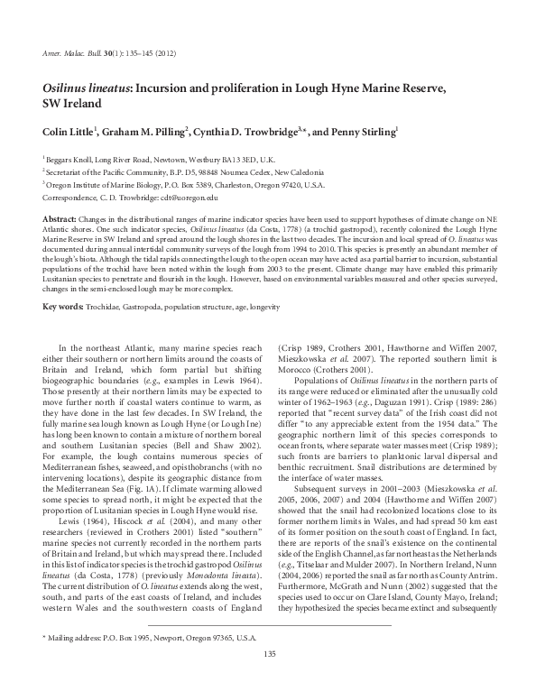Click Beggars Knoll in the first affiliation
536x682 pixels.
71,157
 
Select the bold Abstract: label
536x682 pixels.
60,220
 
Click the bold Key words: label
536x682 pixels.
64,308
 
